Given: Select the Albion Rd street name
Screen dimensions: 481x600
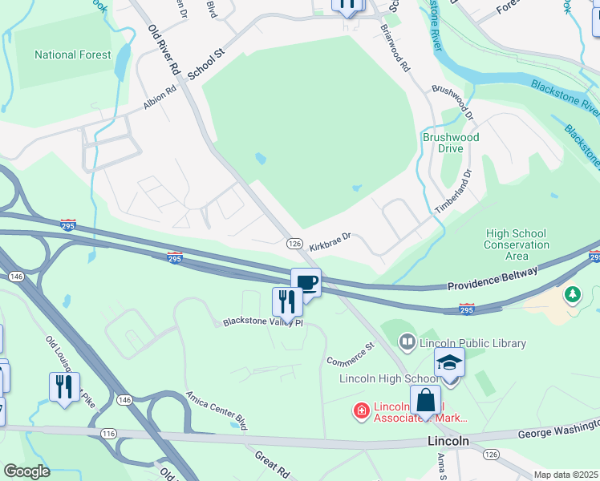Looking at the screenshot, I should pos(159,98).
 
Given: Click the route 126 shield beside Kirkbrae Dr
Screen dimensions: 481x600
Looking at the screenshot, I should pos(294,243).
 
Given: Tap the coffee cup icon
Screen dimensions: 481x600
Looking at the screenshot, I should pos(306,282).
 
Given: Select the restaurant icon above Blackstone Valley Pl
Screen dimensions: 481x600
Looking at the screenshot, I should pos(287,302).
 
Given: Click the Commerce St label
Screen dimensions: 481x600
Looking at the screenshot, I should pos(351,353).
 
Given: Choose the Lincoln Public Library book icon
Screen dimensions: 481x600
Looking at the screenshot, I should pos(407,343).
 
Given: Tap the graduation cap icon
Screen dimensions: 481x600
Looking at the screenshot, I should pos(449,362).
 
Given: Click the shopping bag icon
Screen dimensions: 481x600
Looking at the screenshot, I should pos(425,400).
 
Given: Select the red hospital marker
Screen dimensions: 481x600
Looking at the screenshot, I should pos(362,411).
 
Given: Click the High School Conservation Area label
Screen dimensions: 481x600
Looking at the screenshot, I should pos(517,245).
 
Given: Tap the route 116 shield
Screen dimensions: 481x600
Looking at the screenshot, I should pos(108,433).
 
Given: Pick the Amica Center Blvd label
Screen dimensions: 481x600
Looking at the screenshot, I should pos(214,406).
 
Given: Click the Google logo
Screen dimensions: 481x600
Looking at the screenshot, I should pos(27,471).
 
